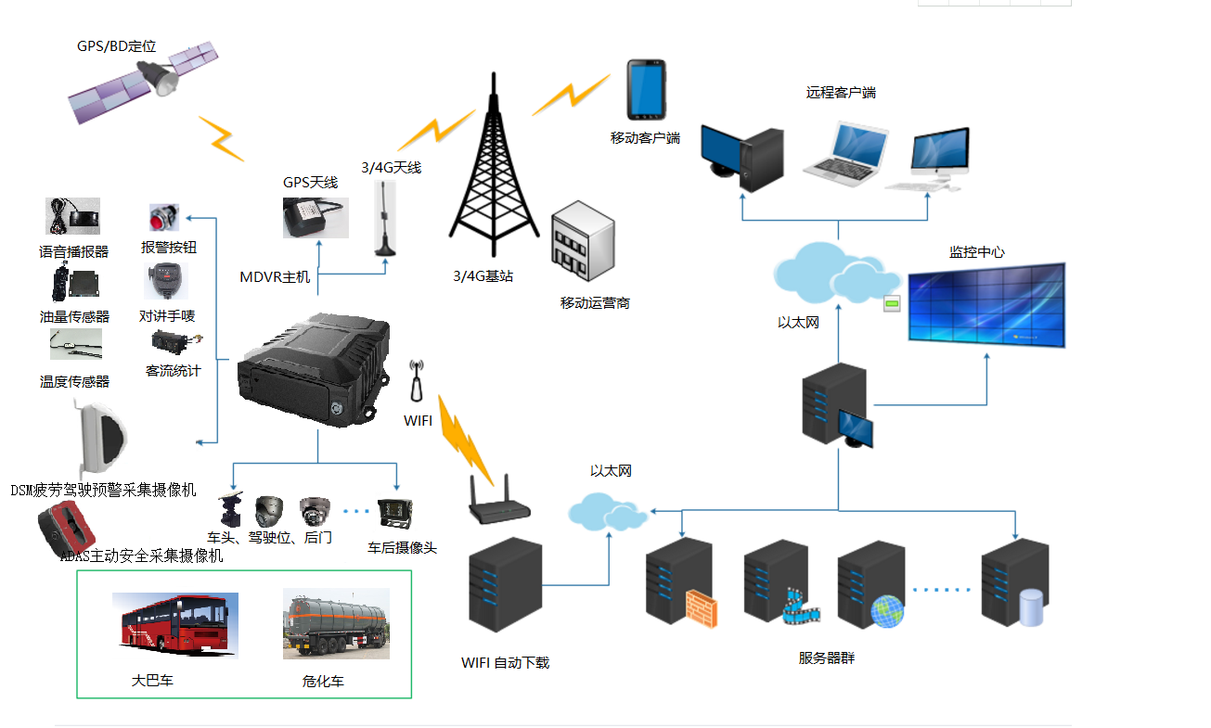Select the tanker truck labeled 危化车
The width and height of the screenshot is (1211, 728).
[336, 624]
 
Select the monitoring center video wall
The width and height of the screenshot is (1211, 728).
[986, 306]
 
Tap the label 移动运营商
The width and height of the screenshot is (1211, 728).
[595, 303]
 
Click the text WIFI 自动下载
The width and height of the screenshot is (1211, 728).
[505, 663]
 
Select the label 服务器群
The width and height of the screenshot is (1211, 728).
[826, 658]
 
